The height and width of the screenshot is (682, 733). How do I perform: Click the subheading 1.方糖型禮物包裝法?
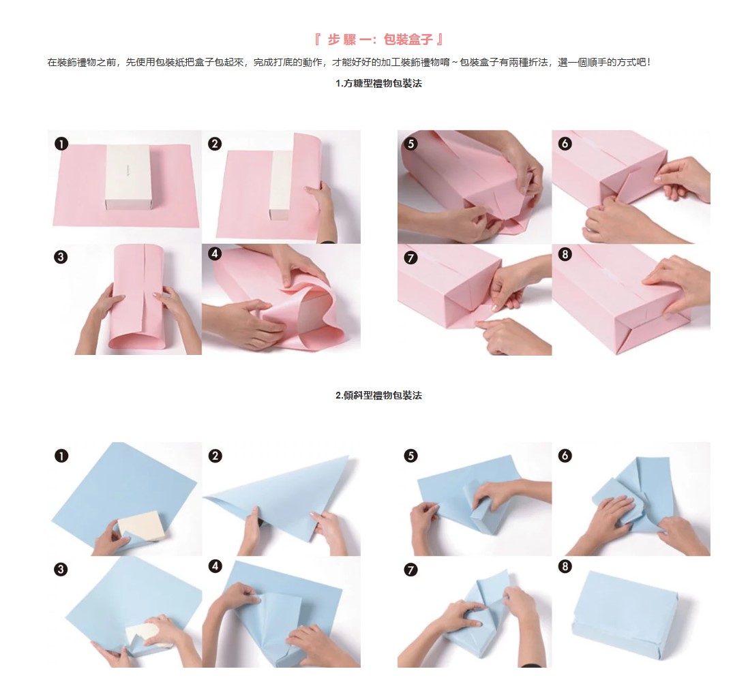(x=378, y=84)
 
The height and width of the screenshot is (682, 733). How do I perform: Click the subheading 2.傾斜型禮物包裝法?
(x=378, y=396)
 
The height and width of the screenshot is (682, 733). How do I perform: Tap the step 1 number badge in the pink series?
(x=61, y=143)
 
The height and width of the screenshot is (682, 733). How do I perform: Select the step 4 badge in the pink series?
(x=215, y=253)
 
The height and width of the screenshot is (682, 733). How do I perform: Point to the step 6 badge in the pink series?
(x=565, y=143)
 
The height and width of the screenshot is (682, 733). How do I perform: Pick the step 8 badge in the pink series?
(x=565, y=254)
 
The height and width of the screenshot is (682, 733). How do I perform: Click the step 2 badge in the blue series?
(x=215, y=455)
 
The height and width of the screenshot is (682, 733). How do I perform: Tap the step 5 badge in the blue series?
(x=410, y=455)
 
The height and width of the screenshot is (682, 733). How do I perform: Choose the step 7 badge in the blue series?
(x=410, y=570)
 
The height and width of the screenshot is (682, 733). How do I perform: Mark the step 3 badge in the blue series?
(x=61, y=570)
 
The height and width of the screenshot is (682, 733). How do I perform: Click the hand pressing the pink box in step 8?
(x=678, y=283)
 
